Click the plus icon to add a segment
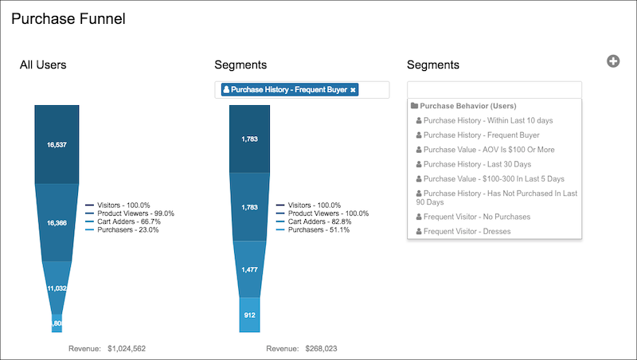click(613, 61)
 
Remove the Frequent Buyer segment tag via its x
click(353, 90)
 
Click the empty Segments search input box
click(494, 89)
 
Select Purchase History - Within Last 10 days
click(488, 120)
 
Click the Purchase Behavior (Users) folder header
click(468, 106)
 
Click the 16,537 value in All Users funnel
click(57, 145)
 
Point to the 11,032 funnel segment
click(57, 286)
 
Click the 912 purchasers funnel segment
click(249, 315)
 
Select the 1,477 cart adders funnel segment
click(249, 270)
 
